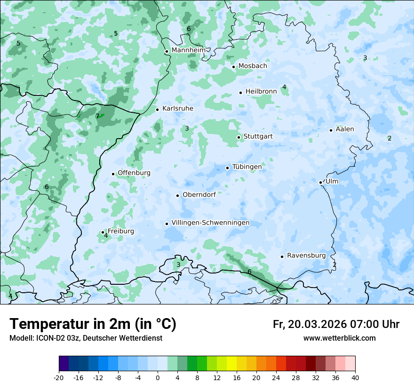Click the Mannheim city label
(188, 50)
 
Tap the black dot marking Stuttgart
(239, 137)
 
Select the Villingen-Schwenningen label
(210, 223)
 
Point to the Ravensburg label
(306, 256)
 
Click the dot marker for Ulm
(320, 182)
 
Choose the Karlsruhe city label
(178, 109)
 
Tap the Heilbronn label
(261, 92)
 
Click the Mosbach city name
(253, 66)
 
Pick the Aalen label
(345, 129)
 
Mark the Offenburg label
(134, 173)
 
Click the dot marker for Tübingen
(227, 168)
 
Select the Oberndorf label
(199, 195)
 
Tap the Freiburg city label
(121, 231)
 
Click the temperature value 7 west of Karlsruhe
(97, 116)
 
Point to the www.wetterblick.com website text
(340, 338)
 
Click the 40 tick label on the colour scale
(355, 378)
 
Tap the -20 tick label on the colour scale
(59, 378)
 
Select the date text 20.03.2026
(316, 324)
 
